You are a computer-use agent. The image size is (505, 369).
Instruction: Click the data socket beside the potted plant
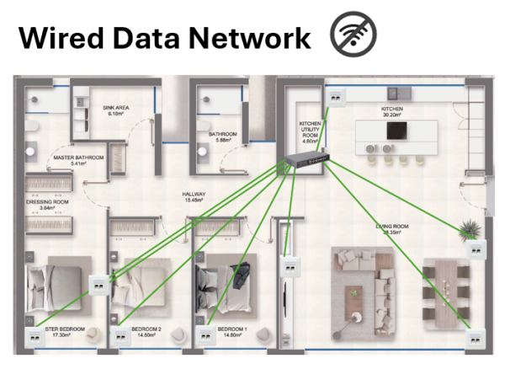(476, 251)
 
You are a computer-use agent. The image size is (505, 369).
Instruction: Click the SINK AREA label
(114, 110)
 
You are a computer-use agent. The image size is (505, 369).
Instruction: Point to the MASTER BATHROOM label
(77, 160)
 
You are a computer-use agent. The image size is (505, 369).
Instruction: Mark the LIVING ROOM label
(391, 228)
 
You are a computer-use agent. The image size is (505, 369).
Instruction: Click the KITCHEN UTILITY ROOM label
(311, 131)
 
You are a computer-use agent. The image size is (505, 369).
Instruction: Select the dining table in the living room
(444, 286)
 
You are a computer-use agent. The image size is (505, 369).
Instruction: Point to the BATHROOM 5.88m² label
(223, 136)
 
